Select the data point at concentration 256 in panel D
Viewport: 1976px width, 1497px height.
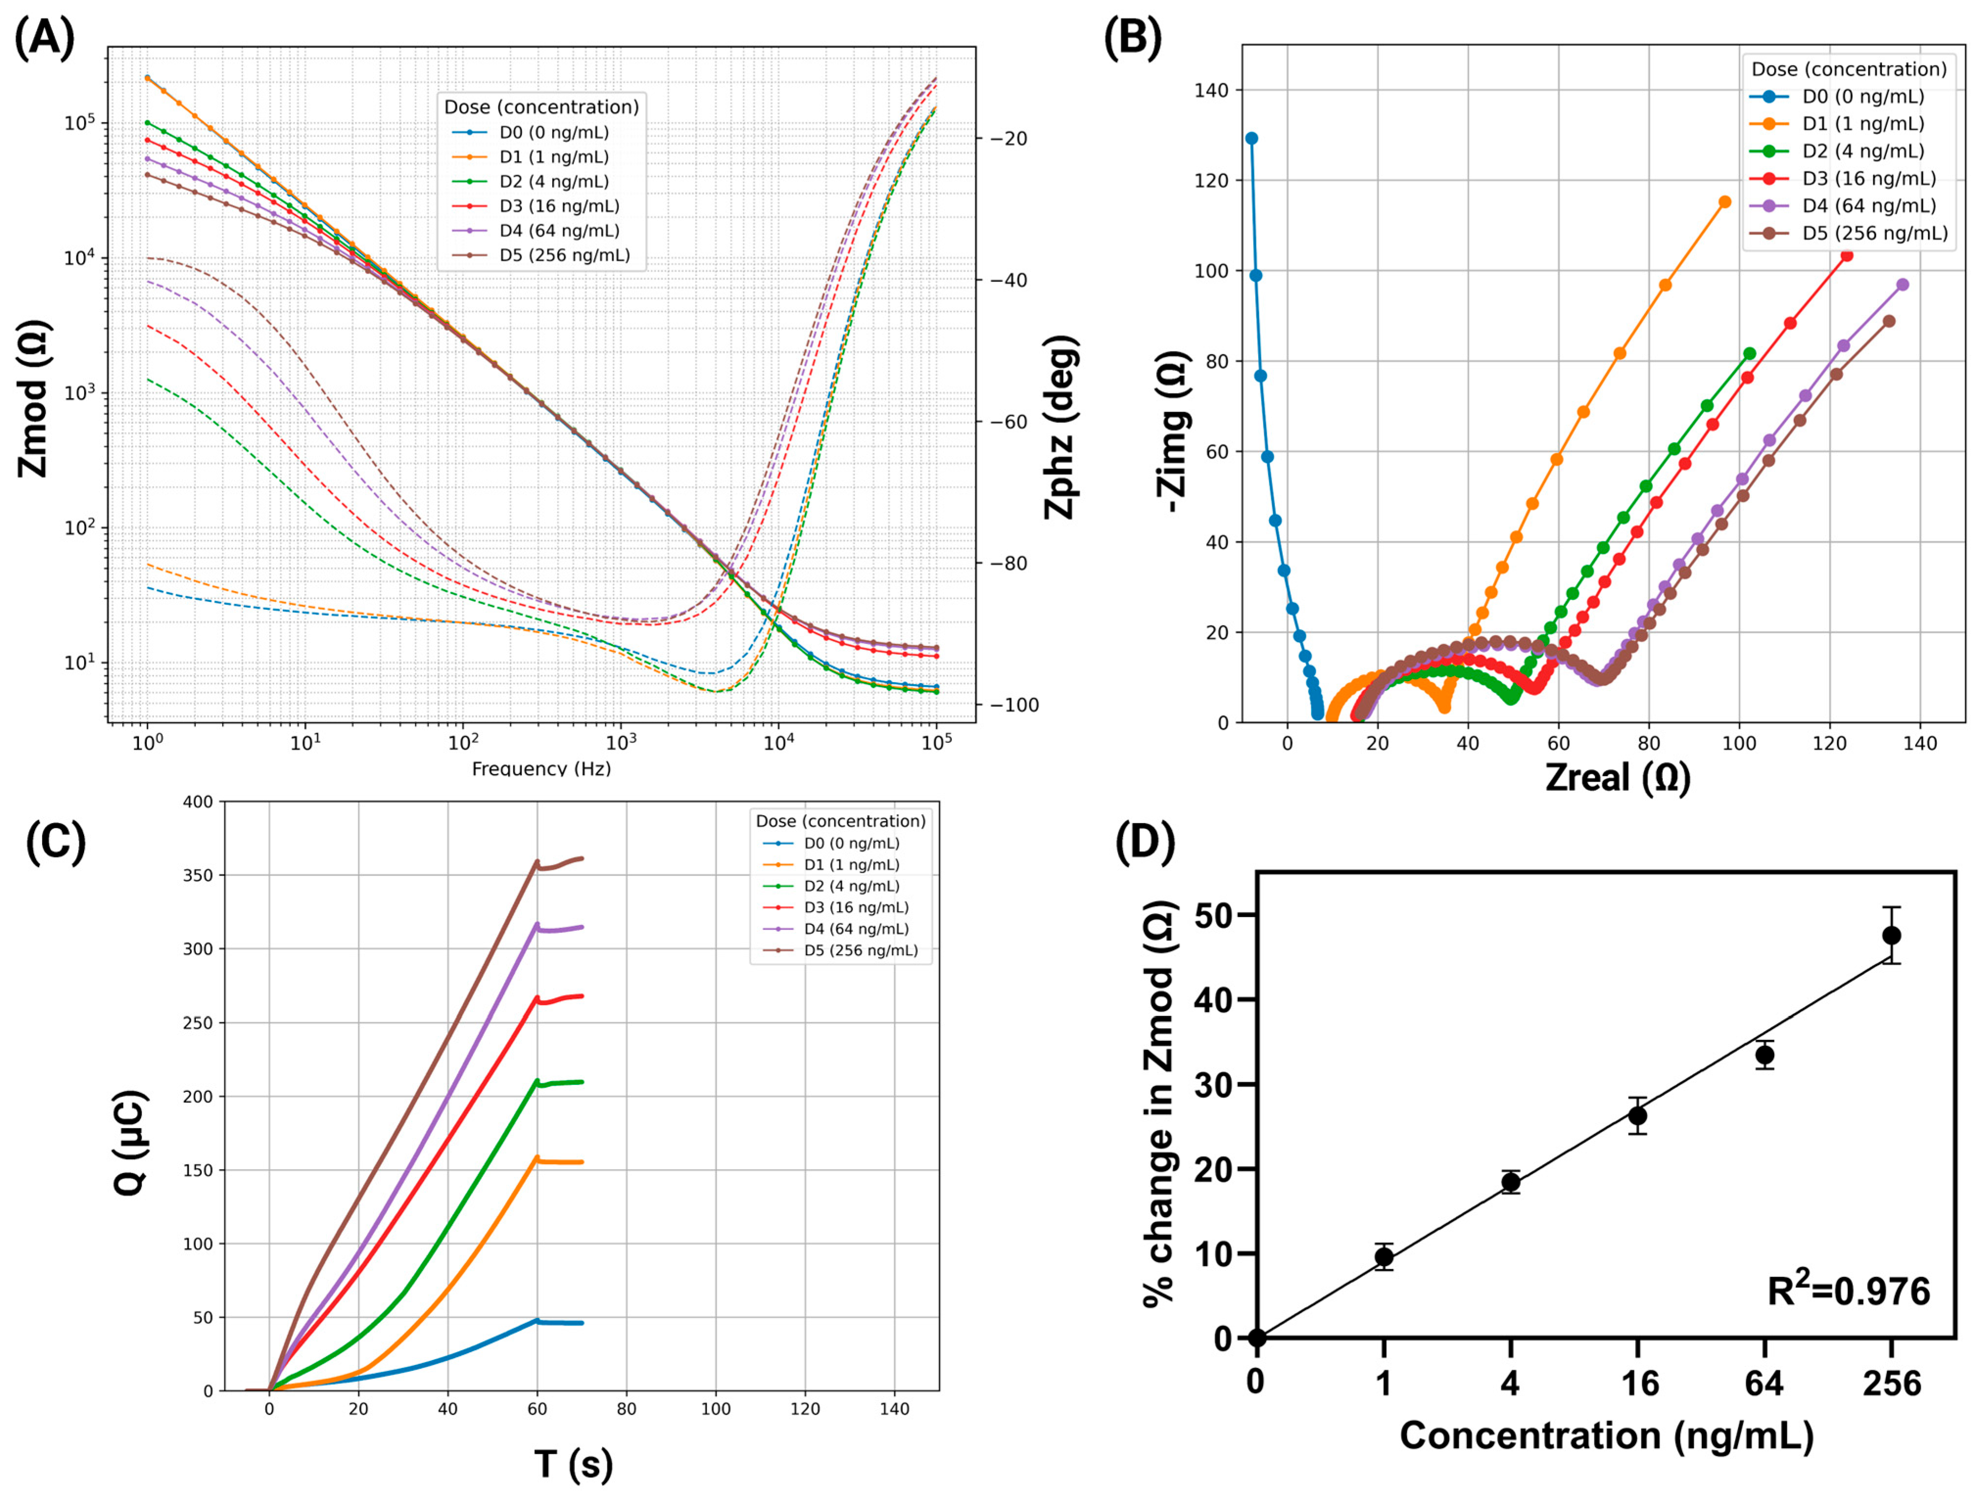click(x=1891, y=935)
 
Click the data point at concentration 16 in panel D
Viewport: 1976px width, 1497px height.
click(x=1637, y=1116)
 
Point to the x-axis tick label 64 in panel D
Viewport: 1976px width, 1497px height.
click(x=1764, y=1383)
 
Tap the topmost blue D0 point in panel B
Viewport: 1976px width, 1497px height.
click(x=1252, y=138)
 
